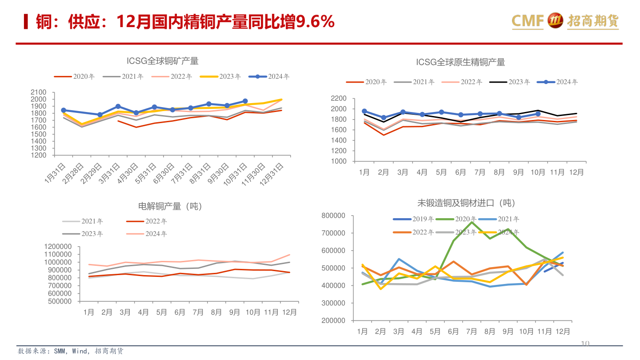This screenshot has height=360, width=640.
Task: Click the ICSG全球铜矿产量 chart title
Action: [162, 61]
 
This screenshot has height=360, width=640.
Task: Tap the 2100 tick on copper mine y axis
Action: [39, 92]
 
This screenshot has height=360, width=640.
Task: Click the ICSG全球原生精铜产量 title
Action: [460, 62]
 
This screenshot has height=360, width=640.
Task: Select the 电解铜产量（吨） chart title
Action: [170, 206]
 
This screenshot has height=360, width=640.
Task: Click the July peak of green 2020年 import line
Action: [472, 222]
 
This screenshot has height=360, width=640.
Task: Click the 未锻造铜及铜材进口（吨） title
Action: [466, 203]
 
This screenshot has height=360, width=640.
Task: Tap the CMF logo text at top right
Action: [528, 20]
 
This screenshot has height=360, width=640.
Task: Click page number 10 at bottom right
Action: [585, 343]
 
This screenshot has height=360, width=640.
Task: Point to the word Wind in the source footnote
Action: [80, 351]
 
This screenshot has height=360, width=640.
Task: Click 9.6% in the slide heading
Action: [315, 21]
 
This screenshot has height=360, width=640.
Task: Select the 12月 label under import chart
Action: [563, 332]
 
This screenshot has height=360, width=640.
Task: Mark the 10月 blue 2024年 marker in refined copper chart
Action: [538, 114]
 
